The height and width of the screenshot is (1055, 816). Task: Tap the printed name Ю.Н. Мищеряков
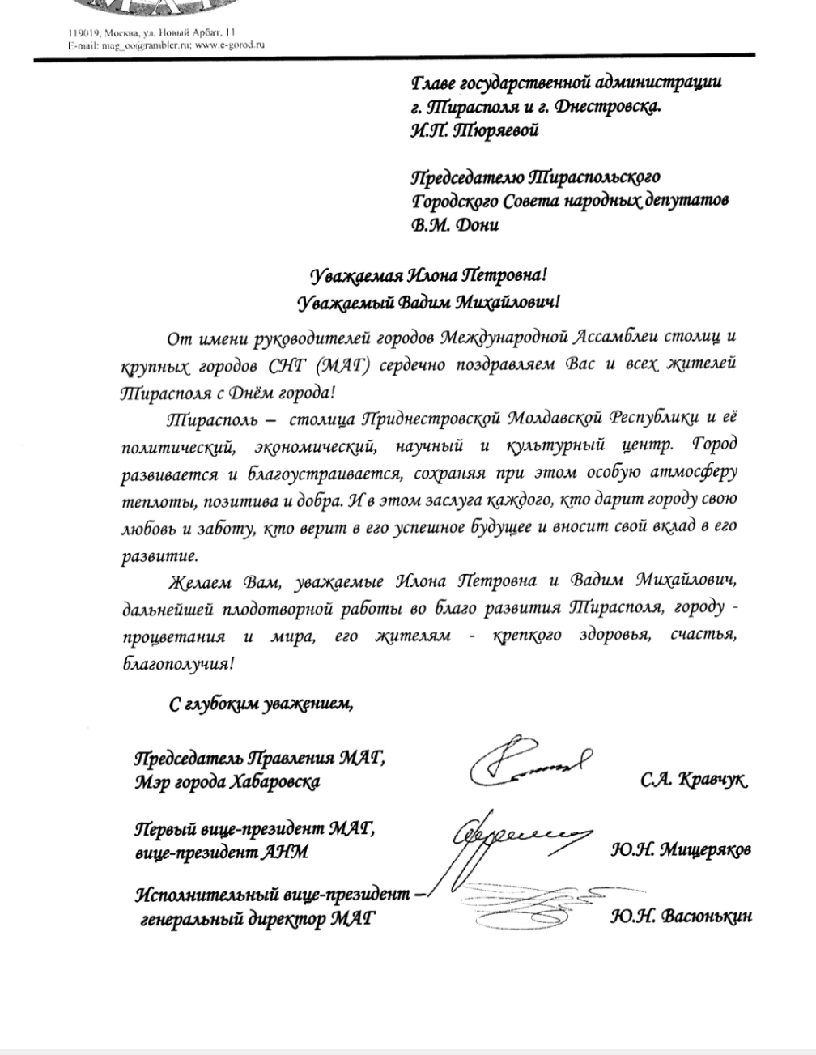coord(681,850)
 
